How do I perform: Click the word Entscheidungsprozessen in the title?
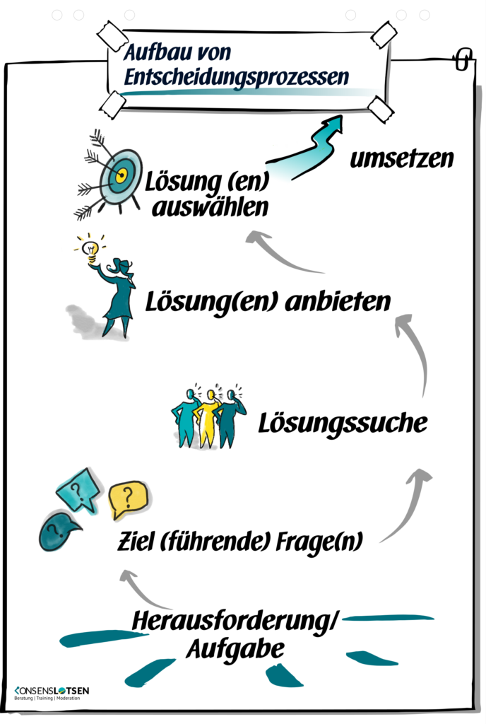[236, 76]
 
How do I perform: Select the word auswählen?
[207, 209]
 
